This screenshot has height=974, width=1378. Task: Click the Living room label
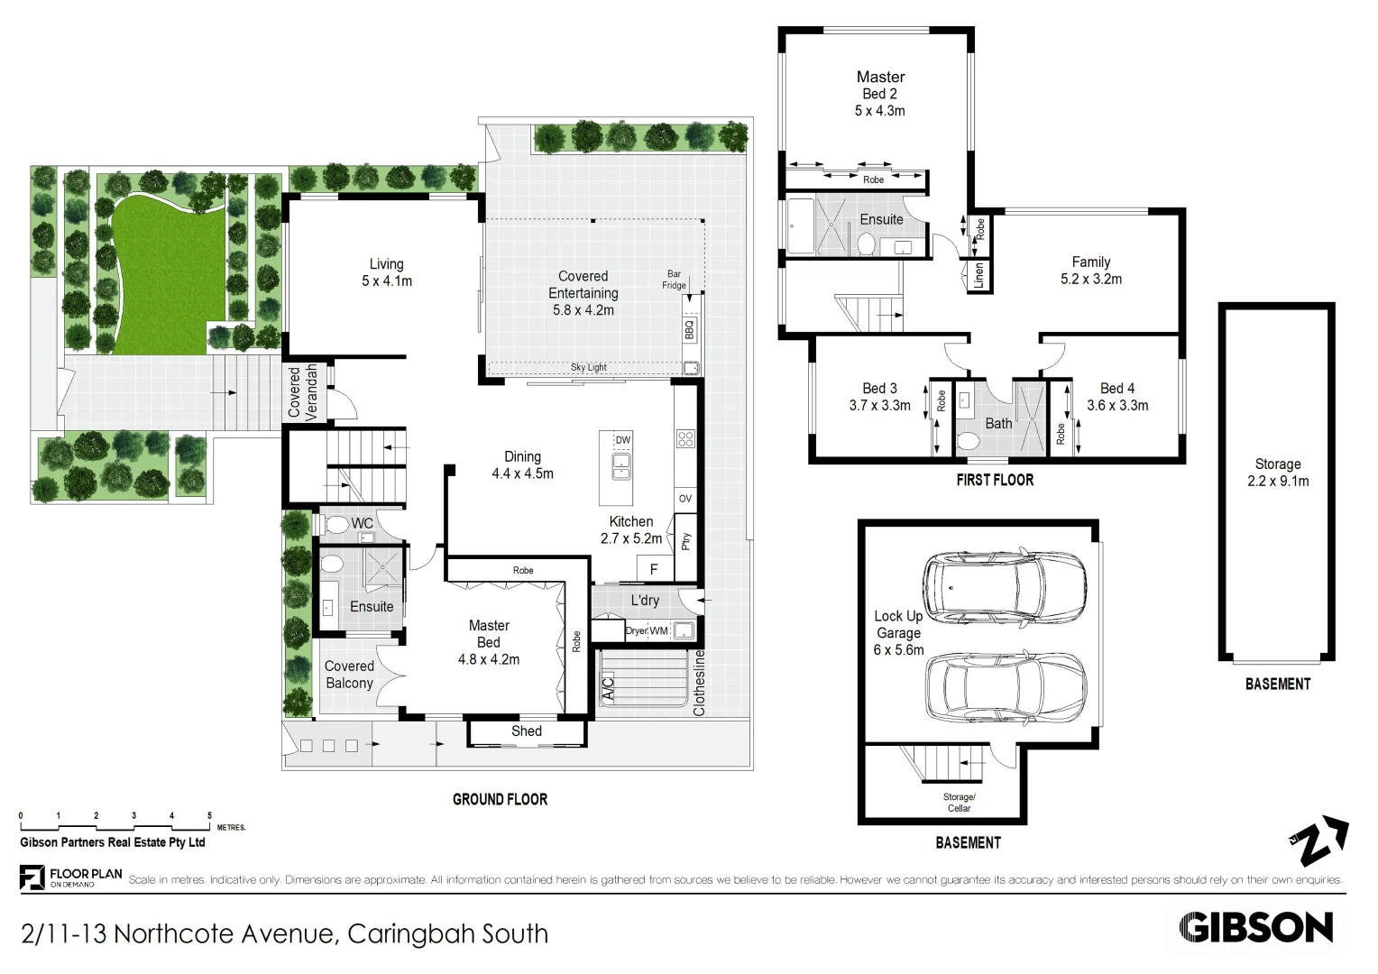point(386,264)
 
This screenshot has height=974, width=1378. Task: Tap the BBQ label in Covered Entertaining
point(690,329)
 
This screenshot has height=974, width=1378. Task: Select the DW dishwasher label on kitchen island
point(623,440)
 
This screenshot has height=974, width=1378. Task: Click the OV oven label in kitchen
point(685,499)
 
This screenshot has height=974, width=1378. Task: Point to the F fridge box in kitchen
point(654,569)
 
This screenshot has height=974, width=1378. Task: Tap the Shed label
point(526,731)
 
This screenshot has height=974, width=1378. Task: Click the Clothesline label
point(699,683)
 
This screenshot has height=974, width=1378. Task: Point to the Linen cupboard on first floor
point(978,276)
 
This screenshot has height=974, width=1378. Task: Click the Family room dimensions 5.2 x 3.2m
point(1091,280)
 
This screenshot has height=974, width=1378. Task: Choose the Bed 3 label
point(879,389)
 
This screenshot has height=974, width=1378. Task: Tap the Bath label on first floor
point(998,423)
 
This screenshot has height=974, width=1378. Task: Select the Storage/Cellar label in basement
point(959,803)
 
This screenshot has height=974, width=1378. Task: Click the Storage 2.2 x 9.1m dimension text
point(1278,482)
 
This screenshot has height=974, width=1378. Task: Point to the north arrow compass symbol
point(1318,843)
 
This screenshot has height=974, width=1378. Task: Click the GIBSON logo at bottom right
point(1255,927)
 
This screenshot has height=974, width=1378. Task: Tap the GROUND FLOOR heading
point(500,799)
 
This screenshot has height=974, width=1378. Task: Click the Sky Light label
point(588,367)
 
